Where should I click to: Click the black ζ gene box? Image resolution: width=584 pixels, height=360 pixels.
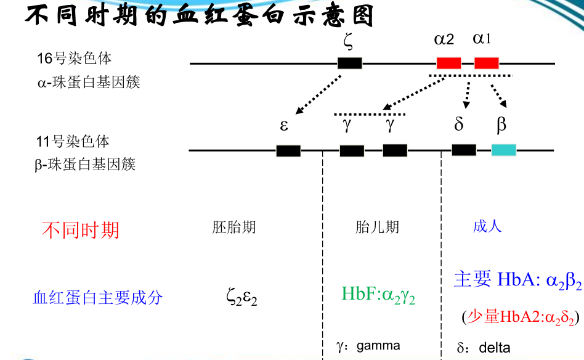point(350,63)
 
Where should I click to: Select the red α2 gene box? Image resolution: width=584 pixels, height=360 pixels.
point(448,63)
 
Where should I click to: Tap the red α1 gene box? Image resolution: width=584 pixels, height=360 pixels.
point(486,63)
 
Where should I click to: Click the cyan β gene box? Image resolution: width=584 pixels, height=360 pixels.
point(503,150)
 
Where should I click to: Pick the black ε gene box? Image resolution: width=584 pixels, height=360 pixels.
point(288,150)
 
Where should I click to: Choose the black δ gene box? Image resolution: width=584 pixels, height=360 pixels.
point(463,150)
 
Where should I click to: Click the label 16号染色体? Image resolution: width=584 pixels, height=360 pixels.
point(75,59)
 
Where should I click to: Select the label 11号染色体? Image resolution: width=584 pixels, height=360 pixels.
point(73,142)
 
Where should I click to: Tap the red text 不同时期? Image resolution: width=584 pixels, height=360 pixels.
point(80,230)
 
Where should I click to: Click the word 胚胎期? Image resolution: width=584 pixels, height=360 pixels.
point(234,227)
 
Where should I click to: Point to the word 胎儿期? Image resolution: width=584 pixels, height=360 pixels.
point(377,227)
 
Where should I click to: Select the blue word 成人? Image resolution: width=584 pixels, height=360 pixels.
point(487,226)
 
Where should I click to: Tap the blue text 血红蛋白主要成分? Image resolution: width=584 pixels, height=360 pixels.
point(97,298)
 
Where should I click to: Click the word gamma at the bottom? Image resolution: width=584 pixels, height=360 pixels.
point(378,345)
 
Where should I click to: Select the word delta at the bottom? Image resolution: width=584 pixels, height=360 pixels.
point(495,348)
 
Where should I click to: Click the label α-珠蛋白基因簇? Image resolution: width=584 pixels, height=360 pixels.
point(89,81)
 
